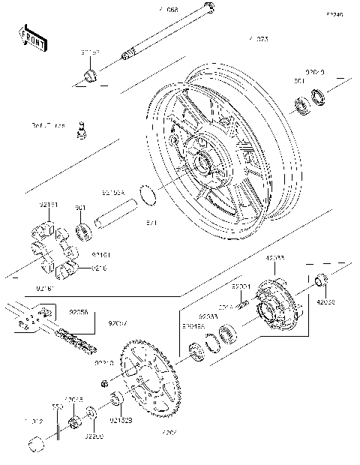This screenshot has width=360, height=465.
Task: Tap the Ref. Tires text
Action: tap(49, 125)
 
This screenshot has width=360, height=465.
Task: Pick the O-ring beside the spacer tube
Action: tap(148, 197)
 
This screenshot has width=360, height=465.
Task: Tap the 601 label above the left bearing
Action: tap(81, 208)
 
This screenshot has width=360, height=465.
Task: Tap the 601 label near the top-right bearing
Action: tap(298, 81)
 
